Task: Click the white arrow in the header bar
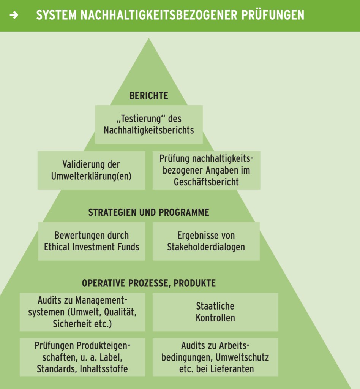(14, 15)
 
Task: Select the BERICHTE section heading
(148, 96)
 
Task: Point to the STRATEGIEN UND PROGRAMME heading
(148, 212)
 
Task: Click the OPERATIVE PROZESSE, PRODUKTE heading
(148, 283)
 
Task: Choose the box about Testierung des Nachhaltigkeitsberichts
(148, 125)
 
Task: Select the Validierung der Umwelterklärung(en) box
(91, 170)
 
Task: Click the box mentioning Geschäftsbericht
(206, 170)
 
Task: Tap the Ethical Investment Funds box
(92, 241)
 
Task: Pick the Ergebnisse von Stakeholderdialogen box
(206, 241)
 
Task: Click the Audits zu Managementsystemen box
(82, 312)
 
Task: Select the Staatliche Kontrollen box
(215, 312)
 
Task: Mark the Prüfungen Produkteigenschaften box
(82, 357)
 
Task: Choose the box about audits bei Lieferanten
(215, 357)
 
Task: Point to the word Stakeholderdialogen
(206, 247)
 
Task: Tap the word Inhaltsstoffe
(104, 368)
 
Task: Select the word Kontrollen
(215, 318)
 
